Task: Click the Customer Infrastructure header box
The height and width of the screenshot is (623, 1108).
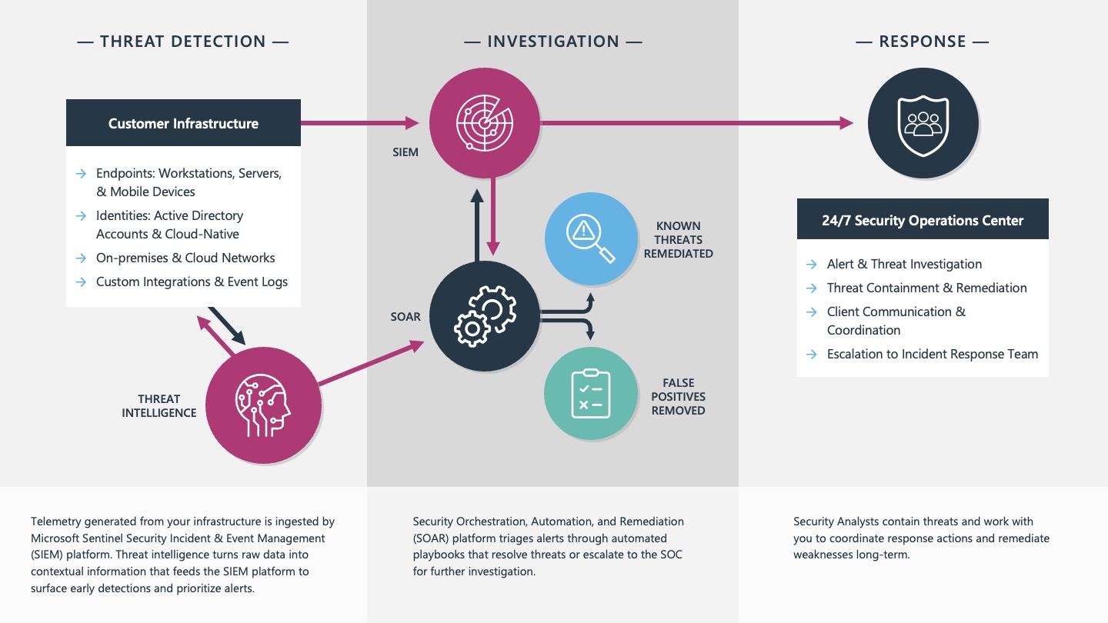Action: point(183,122)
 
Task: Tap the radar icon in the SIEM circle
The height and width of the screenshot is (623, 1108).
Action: point(484,122)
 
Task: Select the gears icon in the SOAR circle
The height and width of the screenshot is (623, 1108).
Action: point(485,316)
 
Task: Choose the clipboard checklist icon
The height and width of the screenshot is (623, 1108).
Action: point(591,394)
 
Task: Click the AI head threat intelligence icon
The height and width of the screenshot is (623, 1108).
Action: point(262,405)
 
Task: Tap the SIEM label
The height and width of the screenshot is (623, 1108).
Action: point(405,152)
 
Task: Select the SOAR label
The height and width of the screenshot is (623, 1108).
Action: point(405,316)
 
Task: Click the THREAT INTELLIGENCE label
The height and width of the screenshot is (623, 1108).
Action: point(159,405)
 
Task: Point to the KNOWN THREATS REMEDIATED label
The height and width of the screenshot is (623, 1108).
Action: point(678,239)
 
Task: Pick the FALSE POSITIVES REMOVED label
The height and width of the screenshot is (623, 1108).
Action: point(678,397)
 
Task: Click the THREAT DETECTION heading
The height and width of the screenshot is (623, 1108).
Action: point(183,42)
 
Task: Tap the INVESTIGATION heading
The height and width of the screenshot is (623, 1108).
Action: point(553,42)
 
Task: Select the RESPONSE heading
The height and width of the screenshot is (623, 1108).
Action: point(923,42)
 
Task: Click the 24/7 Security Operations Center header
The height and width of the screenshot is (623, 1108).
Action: point(923,220)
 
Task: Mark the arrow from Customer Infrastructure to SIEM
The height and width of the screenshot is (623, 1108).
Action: point(359,122)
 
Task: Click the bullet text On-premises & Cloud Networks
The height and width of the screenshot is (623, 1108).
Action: point(185,258)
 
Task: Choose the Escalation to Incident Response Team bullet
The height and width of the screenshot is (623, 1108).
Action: point(933,354)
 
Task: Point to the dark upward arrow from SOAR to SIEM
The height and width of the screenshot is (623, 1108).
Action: point(477,225)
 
